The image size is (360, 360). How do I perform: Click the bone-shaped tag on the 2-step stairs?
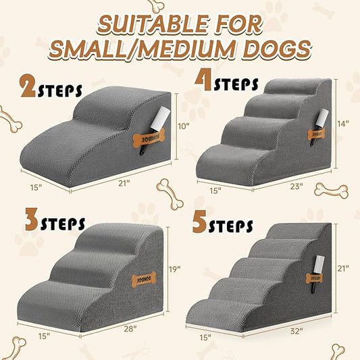(145, 138)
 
